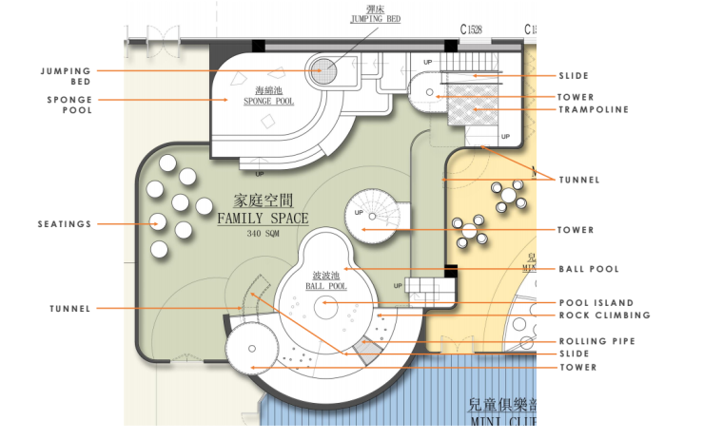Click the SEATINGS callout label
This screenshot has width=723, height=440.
point(65,224)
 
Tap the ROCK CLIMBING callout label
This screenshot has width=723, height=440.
point(604,316)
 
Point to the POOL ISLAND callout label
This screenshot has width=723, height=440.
point(596,303)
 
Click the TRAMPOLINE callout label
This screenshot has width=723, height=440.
point(594,110)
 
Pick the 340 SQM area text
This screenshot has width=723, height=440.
point(262,234)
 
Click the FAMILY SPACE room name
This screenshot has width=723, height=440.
point(263,219)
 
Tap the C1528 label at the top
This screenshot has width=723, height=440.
point(472,29)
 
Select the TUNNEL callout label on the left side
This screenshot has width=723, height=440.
point(70,309)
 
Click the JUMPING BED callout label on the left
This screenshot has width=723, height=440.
point(66,76)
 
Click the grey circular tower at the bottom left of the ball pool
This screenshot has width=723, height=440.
point(251,347)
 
